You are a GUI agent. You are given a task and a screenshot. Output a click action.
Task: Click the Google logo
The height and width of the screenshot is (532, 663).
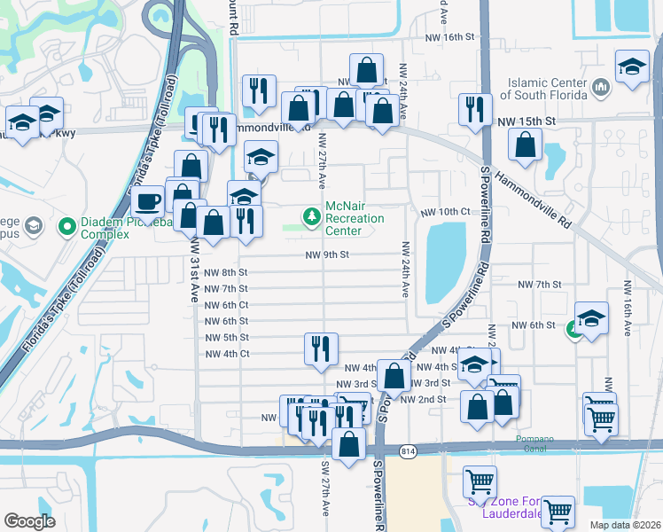point(29,521)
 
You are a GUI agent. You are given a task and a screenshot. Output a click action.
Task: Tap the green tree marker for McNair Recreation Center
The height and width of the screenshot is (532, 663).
point(311,216)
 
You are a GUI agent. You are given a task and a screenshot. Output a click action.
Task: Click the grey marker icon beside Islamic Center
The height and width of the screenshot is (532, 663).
point(600,87)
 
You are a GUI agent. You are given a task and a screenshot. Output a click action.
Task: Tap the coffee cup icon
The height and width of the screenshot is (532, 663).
point(150,199)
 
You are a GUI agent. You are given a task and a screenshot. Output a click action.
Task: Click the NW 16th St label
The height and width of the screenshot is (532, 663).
point(456,37)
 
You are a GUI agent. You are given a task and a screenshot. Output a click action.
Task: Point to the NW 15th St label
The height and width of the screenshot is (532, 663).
point(526,121)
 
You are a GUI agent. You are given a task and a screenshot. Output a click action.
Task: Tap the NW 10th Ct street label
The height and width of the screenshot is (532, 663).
point(444,212)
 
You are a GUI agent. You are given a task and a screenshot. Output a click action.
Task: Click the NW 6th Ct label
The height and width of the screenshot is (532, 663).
point(226,305)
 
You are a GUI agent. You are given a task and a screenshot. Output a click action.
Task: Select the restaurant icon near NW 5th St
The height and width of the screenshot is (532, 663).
point(320,348)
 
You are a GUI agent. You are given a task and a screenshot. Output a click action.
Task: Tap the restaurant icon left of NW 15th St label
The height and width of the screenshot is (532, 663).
point(475,108)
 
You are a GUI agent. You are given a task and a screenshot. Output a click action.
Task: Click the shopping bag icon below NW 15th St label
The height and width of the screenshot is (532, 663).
point(526,146)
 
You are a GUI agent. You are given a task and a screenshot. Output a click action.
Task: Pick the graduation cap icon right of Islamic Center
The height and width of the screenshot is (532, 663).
point(632,67)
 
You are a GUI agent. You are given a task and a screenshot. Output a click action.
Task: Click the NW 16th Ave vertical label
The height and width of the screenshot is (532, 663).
point(627,308)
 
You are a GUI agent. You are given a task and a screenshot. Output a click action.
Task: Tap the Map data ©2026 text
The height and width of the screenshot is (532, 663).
point(626,525)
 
